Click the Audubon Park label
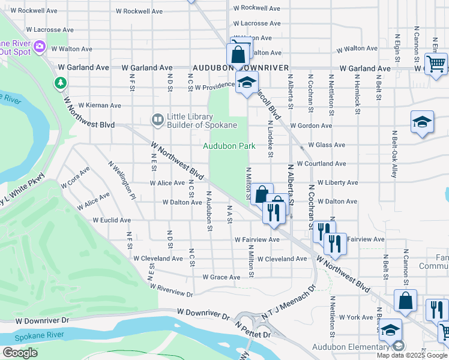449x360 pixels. (229, 146)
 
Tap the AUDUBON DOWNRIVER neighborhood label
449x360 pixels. (240, 68)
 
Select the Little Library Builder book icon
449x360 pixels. (158, 120)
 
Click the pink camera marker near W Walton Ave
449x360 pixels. (40, 46)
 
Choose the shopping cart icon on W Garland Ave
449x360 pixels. (436, 62)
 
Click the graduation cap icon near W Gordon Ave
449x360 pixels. (422, 122)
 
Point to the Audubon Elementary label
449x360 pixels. (351, 347)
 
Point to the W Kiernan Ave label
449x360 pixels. (99, 106)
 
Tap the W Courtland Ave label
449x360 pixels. (321, 163)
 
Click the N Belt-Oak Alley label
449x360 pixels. (394, 154)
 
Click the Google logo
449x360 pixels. (20, 353)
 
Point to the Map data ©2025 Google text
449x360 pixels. (412, 355)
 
